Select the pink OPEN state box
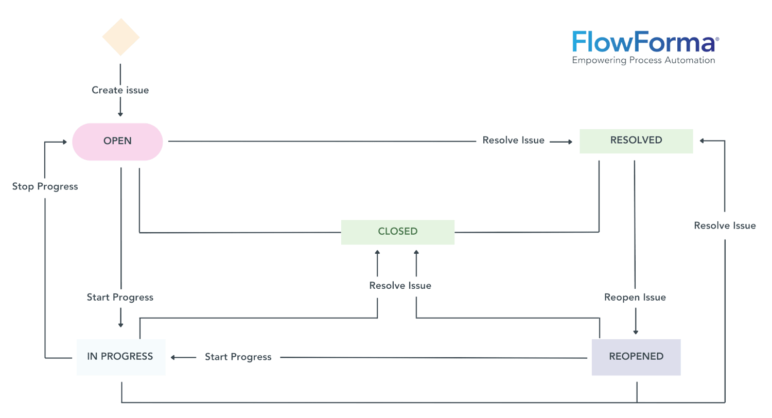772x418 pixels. [117, 141]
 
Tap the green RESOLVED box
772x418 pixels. [636, 141]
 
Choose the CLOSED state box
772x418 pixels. [398, 232]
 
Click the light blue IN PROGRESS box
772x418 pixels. [120, 357]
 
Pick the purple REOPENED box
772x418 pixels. [636, 357]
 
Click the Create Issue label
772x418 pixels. [120, 90]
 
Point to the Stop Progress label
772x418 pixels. [45, 186]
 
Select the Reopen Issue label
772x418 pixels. [635, 298]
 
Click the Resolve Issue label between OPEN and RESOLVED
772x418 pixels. [513, 141]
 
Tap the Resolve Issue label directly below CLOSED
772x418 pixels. [400, 286]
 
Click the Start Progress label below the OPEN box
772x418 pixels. [120, 298]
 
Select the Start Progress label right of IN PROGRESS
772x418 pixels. [238, 357]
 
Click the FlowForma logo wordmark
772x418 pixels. [643, 42]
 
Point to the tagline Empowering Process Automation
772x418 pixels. [643, 61]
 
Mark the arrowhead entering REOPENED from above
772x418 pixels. [635, 332]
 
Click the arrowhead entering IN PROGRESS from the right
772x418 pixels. [174, 357]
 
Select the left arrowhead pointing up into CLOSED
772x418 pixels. [377, 252]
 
